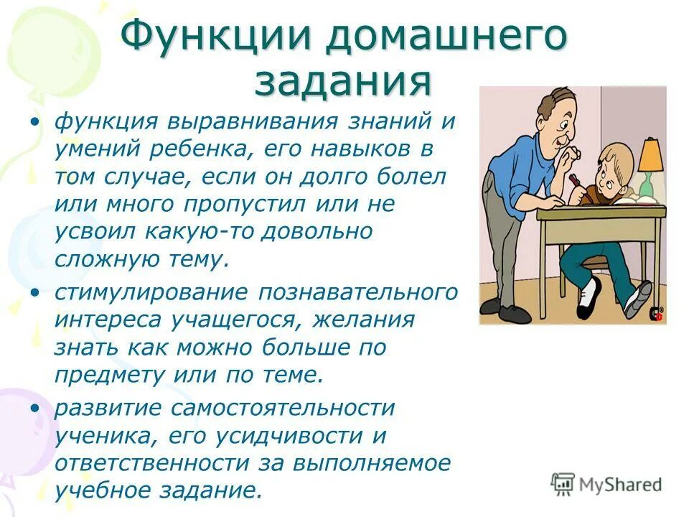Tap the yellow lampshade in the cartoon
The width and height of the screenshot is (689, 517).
pos(650,154)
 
